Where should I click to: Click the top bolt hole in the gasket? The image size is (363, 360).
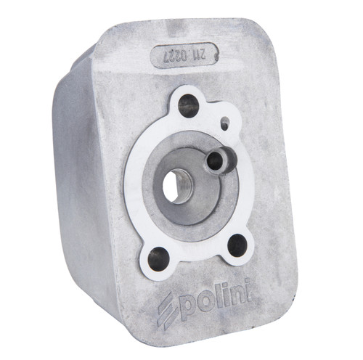click(188, 106)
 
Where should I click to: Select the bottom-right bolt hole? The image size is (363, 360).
click(237, 245)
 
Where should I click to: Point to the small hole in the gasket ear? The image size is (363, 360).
click(225, 123)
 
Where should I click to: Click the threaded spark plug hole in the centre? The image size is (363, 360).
click(177, 186)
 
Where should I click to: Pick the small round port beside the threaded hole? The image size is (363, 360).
click(215, 160)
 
